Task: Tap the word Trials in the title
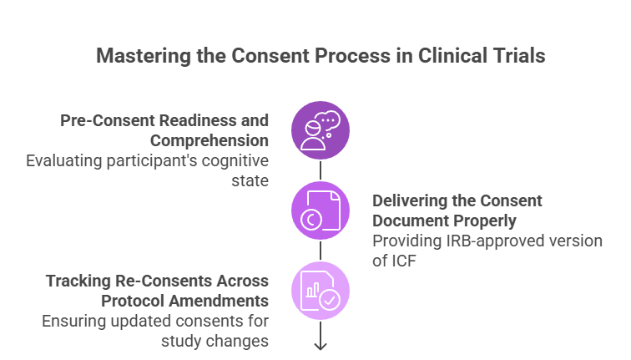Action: coord(517,57)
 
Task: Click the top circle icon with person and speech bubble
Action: coord(321,129)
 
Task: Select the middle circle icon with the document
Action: coord(321,210)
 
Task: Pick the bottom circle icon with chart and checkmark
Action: coord(321,291)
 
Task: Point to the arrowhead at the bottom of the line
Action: coord(321,345)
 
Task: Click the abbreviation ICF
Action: coord(404,261)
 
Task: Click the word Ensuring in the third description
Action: coord(70,321)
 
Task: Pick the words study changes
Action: coord(215,340)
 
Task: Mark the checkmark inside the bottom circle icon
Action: coord(330,300)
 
